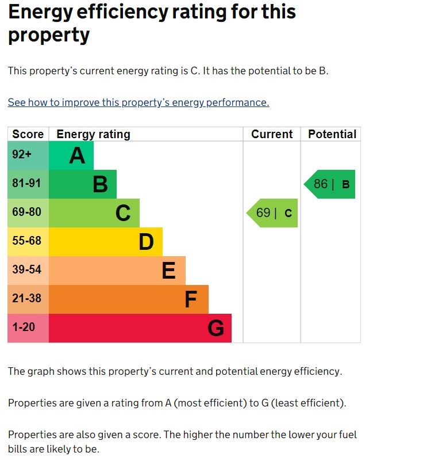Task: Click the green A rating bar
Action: coord(71,155)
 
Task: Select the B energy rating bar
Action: coord(83,184)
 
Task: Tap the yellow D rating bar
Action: coord(106,242)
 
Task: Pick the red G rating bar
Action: coord(140,328)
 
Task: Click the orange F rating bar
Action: coord(129,299)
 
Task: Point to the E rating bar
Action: coord(117,271)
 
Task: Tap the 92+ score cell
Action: coord(28,155)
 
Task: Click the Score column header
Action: coord(28,134)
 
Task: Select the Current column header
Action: coord(272,134)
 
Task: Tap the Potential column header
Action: coord(332,134)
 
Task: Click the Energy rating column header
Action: coord(93,134)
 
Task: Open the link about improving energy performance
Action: coord(138,102)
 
